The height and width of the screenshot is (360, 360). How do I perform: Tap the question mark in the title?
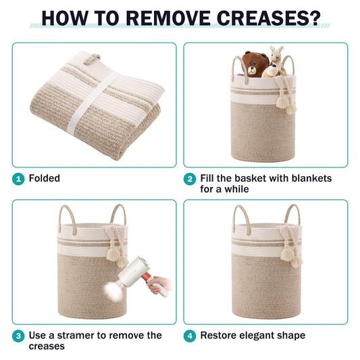coord(314,18)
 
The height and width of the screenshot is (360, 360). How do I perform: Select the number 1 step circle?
coord(18,179)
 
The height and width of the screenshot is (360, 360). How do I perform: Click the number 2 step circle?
coord(190,179)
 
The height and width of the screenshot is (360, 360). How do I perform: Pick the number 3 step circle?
coord(18,336)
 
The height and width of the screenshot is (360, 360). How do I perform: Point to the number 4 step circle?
coord(190,336)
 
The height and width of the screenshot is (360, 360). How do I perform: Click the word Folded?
coord(45,178)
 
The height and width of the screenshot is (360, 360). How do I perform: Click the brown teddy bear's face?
coord(252,70)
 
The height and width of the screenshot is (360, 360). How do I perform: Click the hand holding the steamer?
coord(159,285)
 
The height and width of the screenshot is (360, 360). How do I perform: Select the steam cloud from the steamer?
coord(113,291)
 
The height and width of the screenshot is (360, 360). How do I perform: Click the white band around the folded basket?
coord(92,104)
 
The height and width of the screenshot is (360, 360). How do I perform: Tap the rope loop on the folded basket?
coord(91,59)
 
